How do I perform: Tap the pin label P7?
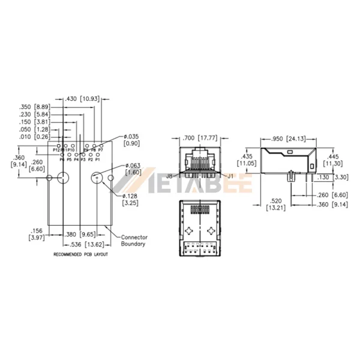pyautogui.click(x=101, y=149)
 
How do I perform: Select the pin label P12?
pyautogui.click(x=56, y=150)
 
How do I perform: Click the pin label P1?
pyautogui.click(x=98, y=160)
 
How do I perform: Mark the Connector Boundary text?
pyautogui.click(x=134, y=241)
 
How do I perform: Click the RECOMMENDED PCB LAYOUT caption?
pyautogui.click(x=80, y=255)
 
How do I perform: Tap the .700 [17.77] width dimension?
pyautogui.click(x=196, y=138)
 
